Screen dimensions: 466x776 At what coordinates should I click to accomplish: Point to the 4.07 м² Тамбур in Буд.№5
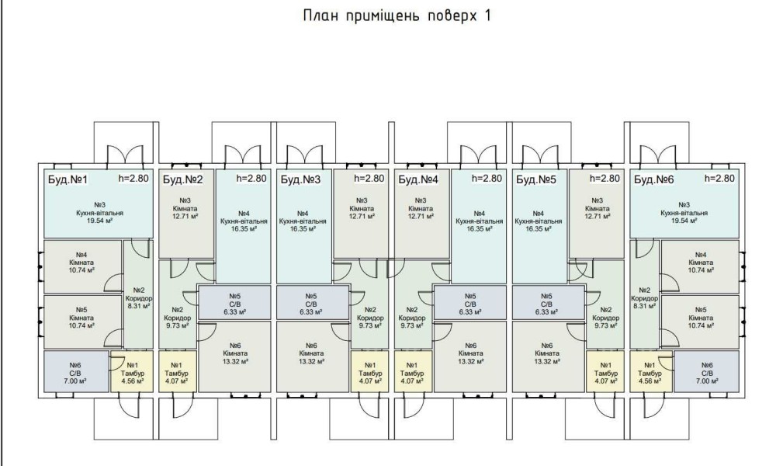click(603, 370)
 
